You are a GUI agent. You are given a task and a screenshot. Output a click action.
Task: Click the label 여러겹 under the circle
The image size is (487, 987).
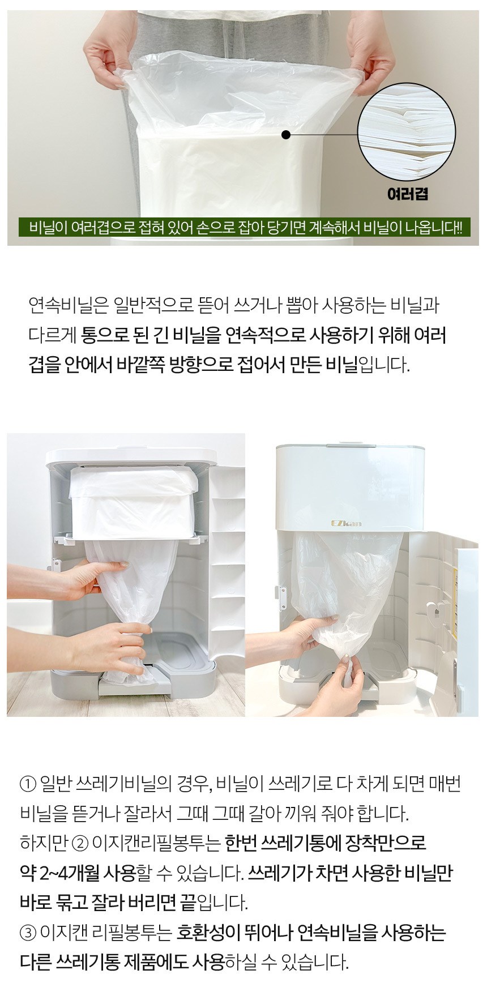(x=408, y=194)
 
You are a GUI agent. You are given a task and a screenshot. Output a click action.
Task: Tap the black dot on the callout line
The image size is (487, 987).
(x=286, y=135)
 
